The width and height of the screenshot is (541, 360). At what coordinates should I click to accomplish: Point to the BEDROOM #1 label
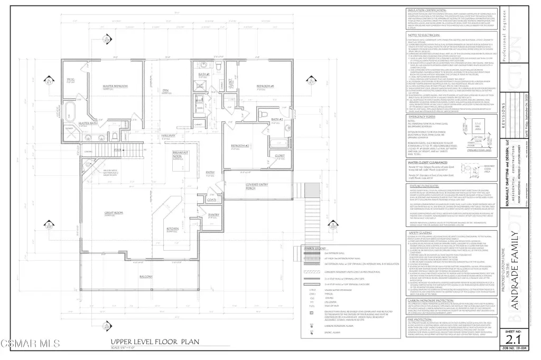(265, 86)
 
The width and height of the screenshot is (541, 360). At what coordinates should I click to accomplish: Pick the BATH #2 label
(278, 120)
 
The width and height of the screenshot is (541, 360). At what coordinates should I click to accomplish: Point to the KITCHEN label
(174, 229)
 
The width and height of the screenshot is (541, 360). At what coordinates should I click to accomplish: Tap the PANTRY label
(213, 215)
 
